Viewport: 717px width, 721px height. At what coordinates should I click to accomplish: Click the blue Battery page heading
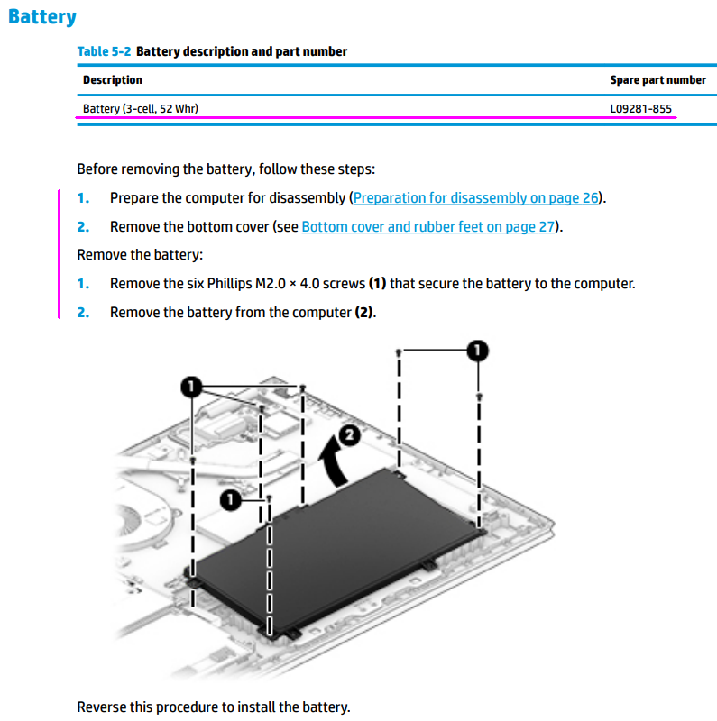41,17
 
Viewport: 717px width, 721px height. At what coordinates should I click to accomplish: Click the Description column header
113,80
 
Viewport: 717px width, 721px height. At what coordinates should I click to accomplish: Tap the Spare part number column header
657,80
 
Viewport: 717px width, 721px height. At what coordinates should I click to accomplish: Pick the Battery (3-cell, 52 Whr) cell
141,109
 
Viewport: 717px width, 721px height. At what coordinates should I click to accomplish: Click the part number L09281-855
641,109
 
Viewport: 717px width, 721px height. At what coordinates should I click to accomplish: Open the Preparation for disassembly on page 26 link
477,198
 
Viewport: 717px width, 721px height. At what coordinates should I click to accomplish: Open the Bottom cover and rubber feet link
427,227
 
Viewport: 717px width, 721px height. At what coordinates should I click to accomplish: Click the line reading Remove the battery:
140,255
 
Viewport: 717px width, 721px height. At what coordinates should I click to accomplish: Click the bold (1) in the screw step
377,284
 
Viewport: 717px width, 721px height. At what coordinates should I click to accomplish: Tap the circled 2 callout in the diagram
350,436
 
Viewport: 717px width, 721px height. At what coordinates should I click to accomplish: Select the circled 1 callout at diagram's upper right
477,350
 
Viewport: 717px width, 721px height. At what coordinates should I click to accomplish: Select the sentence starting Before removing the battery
225,169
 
